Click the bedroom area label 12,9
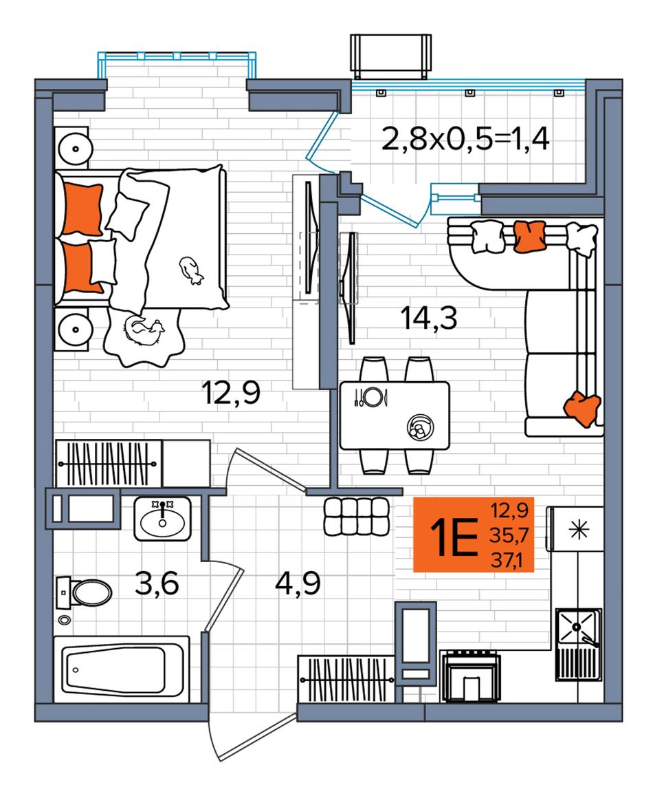231,392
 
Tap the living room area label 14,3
429,319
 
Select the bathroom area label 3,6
157,583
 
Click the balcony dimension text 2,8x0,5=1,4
465,139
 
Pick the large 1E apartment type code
456,537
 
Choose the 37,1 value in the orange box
507,560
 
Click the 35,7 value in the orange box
509,535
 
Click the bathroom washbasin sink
162,519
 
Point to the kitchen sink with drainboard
579,644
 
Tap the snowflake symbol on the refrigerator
579,530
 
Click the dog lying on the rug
144,331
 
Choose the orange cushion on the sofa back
530,235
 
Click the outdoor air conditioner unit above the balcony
391,56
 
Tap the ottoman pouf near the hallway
356,516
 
